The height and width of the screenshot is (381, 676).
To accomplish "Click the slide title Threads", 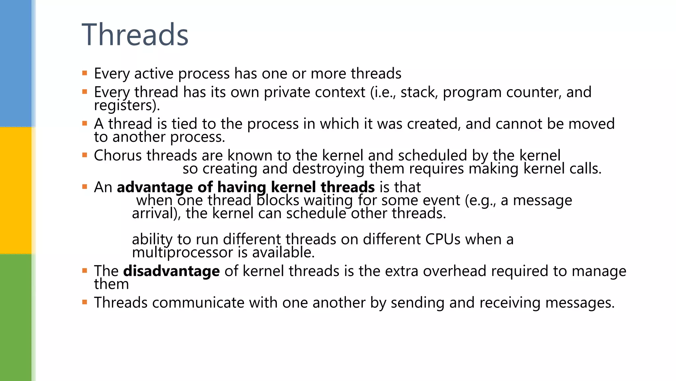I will pos(135,35).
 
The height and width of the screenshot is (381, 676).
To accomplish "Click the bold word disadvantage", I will pos(171,271).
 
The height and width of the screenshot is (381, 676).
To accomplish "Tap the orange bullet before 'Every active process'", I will pos(85,73).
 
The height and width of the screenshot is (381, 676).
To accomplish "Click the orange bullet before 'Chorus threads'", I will pos(85,155).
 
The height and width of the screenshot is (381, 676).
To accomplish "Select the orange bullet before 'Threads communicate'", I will pos(85,302).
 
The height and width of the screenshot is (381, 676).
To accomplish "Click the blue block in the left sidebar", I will pos(16,63).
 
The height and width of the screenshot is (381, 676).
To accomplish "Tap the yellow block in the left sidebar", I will pos(16,190).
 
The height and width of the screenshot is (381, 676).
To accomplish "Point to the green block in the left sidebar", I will pos(16,317).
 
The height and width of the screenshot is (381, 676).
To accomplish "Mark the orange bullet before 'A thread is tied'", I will pos(85,124).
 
